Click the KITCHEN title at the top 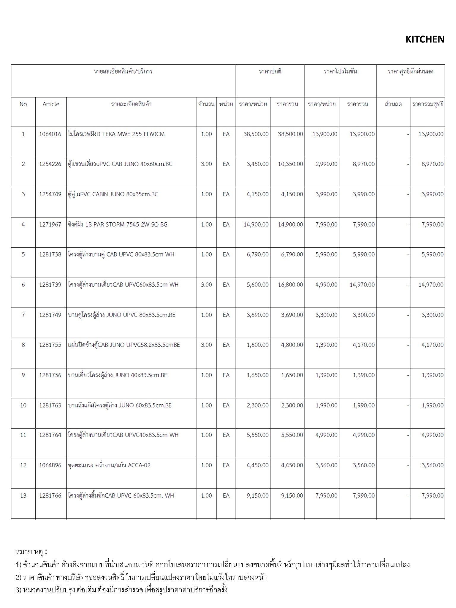click(x=425, y=39)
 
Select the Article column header click(x=51, y=104)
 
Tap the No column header click(x=23, y=104)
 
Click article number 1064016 click(x=50, y=134)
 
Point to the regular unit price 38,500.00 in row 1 click(x=256, y=134)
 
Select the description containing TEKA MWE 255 click(x=116, y=134)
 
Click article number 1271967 click(x=50, y=225)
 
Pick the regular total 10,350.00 click(x=290, y=164)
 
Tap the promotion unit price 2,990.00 click(x=326, y=164)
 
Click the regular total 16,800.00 click(x=290, y=285)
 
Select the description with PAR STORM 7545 click(x=118, y=225)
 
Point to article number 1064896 click(x=50, y=465)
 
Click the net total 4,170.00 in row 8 click(x=432, y=345)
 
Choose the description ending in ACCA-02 click(x=109, y=465)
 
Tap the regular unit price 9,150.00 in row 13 click(x=257, y=495)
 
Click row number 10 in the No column click(x=23, y=406)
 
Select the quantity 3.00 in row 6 click(x=206, y=285)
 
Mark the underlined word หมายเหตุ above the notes click(x=29, y=552)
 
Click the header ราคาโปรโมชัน click(x=340, y=72)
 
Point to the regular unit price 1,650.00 click(x=257, y=375)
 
